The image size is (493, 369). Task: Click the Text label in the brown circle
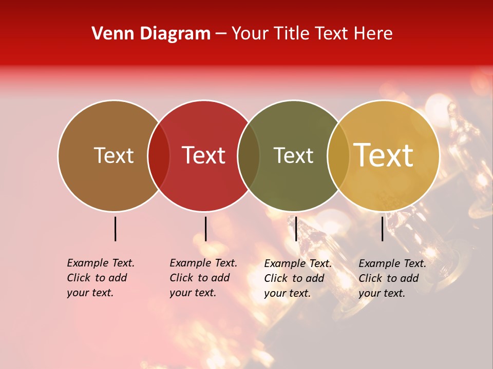pyautogui.click(x=113, y=155)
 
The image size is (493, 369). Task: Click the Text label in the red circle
pyautogui.click(x=204, y=155)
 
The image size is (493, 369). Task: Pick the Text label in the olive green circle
pyautogui.click(x=293, y=155)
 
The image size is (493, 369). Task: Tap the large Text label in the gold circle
pyautogui.click(x=384, y=155)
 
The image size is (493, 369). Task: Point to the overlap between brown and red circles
pyautogui.click(x=159, y=156)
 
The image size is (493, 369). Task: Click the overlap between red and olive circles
pyautogui.click(x=249, y=156)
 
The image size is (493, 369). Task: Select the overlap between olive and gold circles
pyautogui.click(x=338, y=156)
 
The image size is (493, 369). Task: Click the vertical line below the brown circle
pyautogui.click(x=115, y=229)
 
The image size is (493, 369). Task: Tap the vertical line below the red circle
pyautogui.click(x=205, y=229)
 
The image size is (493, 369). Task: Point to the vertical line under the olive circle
pyautogui.click(x=296, y=229)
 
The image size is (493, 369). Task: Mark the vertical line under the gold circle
pyautogui.click(x=383, y=229)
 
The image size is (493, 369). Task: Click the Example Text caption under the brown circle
pyautogui.click(x=101, y=278)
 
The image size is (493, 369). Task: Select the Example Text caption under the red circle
pyautogui.click(x=203, y=278)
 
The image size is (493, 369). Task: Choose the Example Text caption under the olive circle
pyautogui.click(x=298, y=278)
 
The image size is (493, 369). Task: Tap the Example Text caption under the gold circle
pyautogui.click(x=392, y=278)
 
